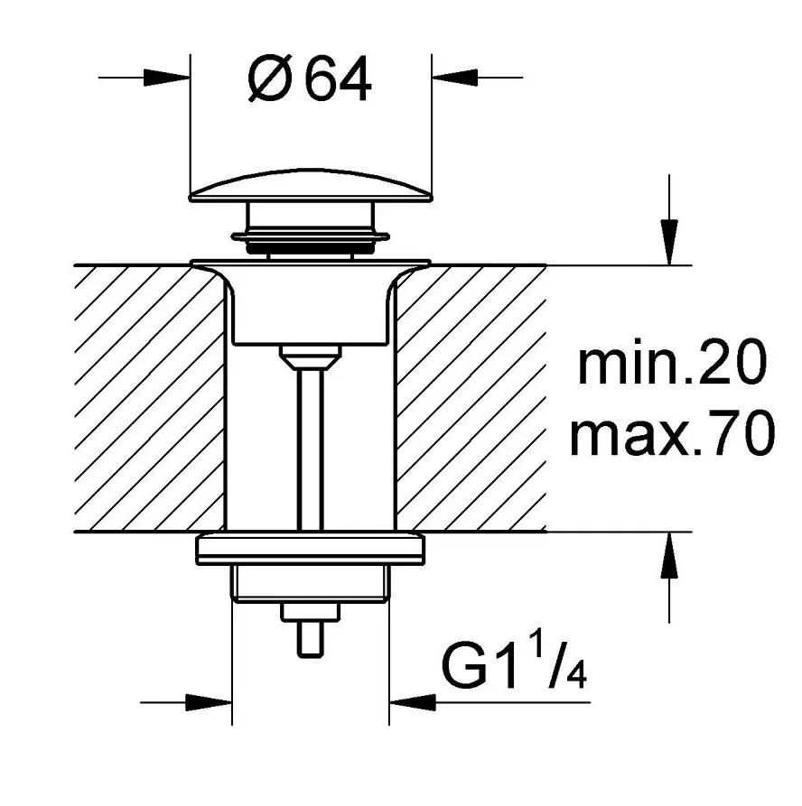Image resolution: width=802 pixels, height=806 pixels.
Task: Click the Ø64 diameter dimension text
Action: pyautogui.click(x=309, y=79)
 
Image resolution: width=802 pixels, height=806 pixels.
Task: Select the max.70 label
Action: pyautogui.click(x=672, y=434)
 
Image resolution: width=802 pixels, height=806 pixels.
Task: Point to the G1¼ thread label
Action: pyautogui.click(x=514, y=662)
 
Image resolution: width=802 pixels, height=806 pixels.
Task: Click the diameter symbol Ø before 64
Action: pyautogui.click(x=271, y=79)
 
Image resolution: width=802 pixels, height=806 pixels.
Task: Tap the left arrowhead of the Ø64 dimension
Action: pyautogui.click(x=167, y=78)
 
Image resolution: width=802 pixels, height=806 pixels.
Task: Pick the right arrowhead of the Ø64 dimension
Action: pyautogui.click(x=455, y=78)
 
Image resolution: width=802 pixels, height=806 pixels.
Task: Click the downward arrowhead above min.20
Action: pyautogui.click(x=669, y=242)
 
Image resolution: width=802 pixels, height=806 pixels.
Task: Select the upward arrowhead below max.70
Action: pyautogui.click(x=669, y=555)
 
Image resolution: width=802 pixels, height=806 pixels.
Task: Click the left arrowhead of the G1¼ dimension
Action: pyautogui.click(x=209, y=702)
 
